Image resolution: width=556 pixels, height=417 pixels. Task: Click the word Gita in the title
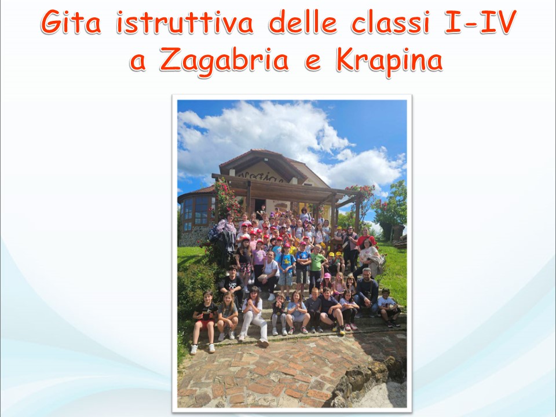tap(71, 23)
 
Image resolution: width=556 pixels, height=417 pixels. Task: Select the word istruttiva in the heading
tap(185, 23)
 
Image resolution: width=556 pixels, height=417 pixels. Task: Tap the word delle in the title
tap(302, 22)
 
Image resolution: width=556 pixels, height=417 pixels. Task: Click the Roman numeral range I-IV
tap(480, 23)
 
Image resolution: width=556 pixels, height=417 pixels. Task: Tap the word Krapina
tap(389, 61)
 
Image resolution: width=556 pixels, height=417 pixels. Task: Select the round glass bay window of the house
tap(196, 213)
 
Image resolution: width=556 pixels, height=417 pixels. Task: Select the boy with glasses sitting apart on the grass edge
tap(388, 307)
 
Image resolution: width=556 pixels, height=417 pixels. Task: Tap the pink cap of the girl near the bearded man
tap(327, 275)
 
